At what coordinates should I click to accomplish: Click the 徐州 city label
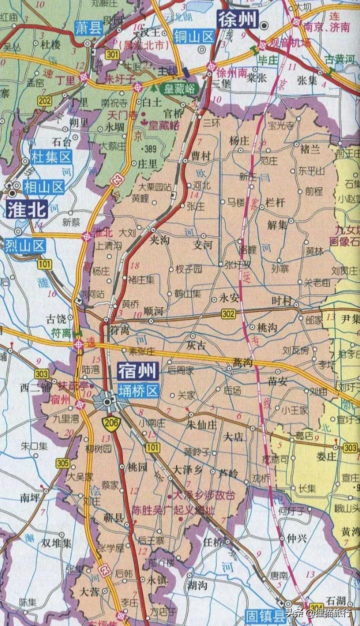(x=237, y=20)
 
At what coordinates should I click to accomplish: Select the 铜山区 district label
(x=194, y=35)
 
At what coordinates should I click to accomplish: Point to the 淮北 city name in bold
(x=26, y=209)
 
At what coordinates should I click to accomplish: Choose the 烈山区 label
(x=25, y=245)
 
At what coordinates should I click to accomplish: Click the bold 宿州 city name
(x=137, y=371)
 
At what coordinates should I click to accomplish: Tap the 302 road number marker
(x=228, y=314)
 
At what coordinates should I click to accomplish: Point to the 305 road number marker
(x=62, y=463)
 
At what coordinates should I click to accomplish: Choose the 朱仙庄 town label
(x=201, y=425)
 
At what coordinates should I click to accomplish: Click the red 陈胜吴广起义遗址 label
(x=173, y=510)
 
